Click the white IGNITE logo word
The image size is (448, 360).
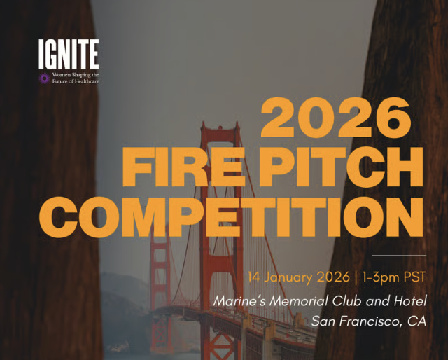[x=69, y=54]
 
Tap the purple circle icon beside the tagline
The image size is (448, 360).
[x=45, y=78]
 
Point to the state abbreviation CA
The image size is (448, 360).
[x=416, y=321]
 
